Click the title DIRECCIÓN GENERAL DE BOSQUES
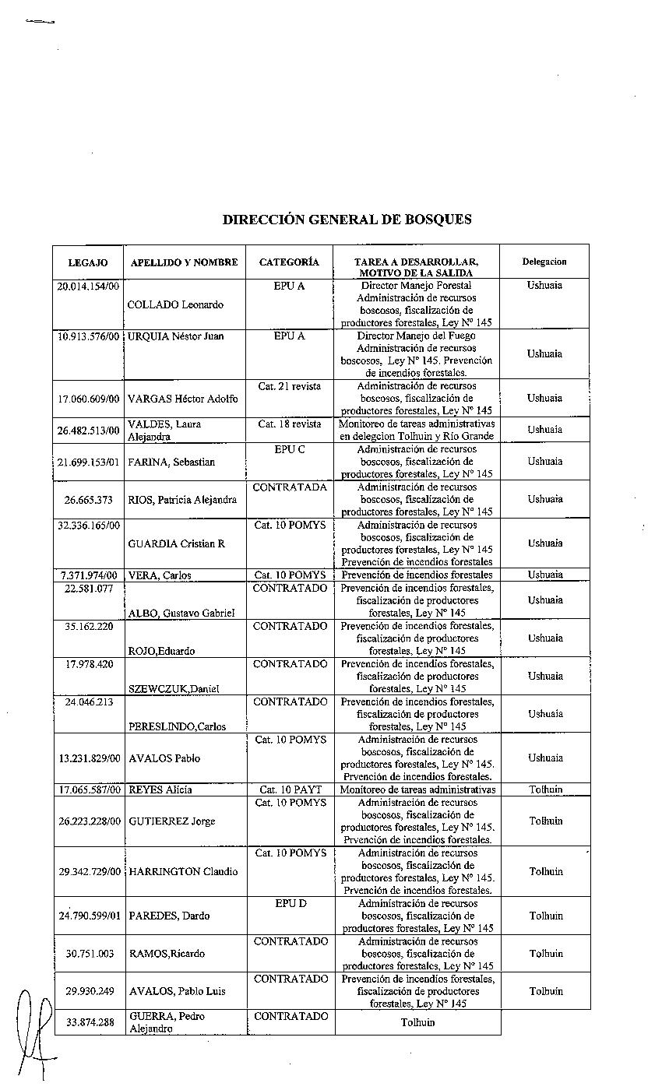click(x=347, y=220)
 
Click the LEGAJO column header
click(x=88, y=263)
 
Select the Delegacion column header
click(x=544, y=262)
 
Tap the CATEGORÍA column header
click(x=289, y=262)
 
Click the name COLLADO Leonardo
click(x=175, y=304)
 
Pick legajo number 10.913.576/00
click(x=89, y=336)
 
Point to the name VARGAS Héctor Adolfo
click(x=183, y=399)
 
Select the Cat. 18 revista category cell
click(x=289, y=424)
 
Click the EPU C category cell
click(x=289, y=449)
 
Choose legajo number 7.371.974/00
click(x=89, y=575)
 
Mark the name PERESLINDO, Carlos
click(x=177, y=726)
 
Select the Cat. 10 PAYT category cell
click(x=290, y=789)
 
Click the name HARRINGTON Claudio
click(x=183, y=872)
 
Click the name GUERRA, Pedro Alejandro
click(x=167, y=1022)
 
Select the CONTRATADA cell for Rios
click(x=290, y=487)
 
